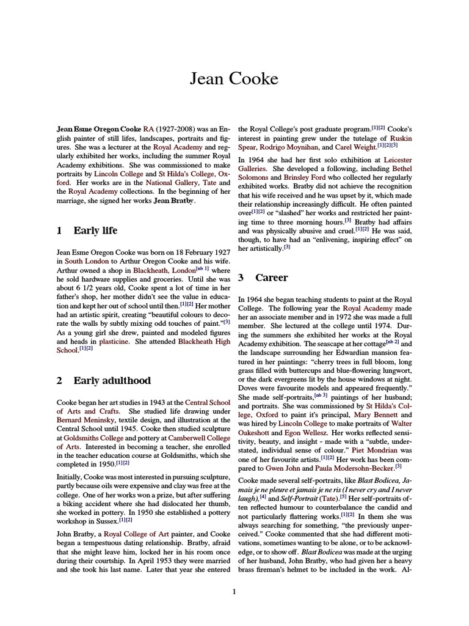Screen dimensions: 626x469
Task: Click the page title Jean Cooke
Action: (x=234, y=79)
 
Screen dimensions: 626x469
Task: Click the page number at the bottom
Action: (x=234, y=591)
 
